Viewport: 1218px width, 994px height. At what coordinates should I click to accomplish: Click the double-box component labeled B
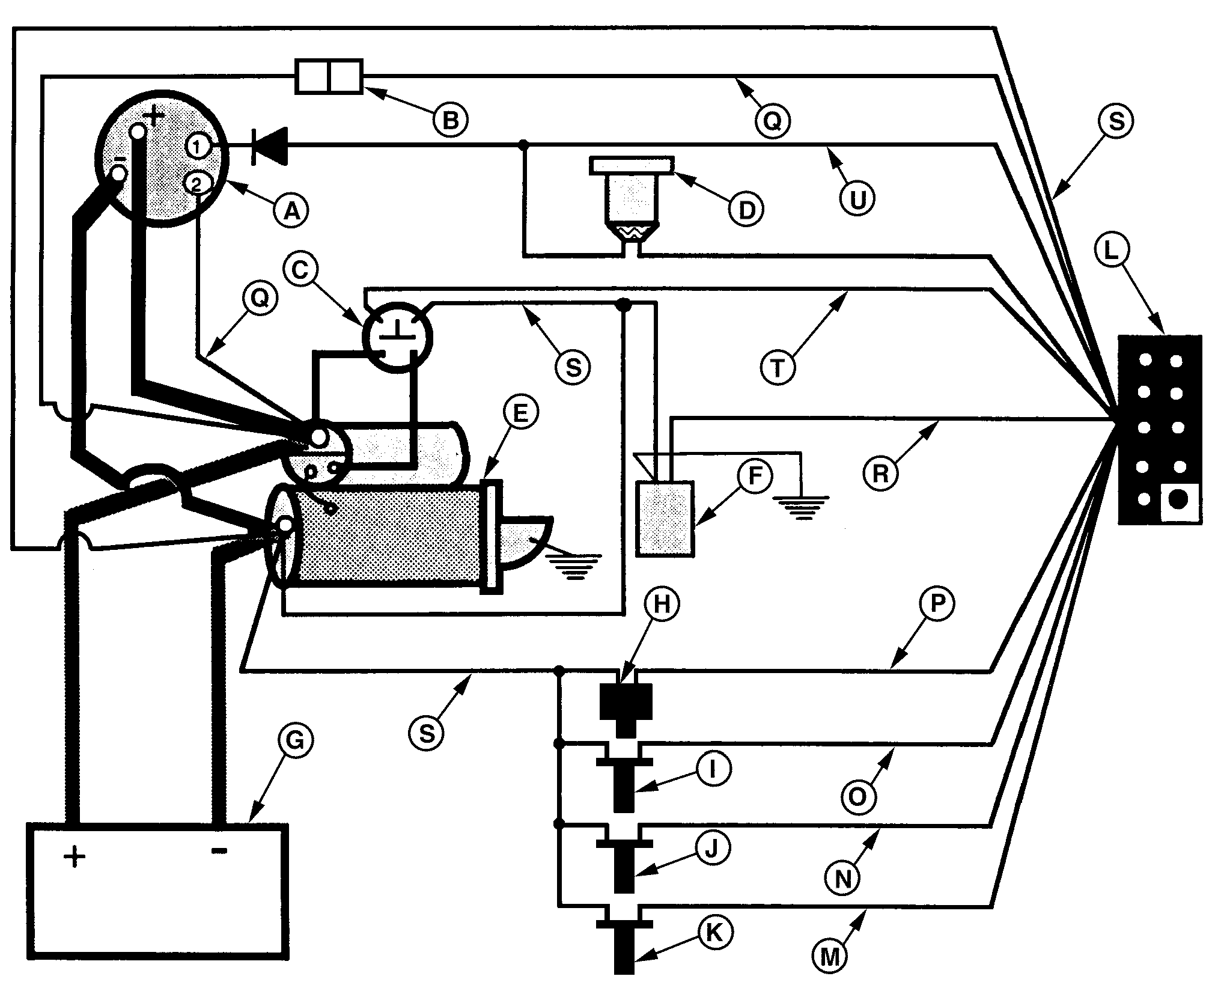329,76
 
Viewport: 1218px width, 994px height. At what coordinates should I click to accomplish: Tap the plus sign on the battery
75,856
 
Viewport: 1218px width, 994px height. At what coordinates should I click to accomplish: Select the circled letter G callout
294,742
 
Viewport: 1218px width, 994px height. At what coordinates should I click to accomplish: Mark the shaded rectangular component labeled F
665,518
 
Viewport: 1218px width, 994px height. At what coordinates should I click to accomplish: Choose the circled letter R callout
880,474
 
